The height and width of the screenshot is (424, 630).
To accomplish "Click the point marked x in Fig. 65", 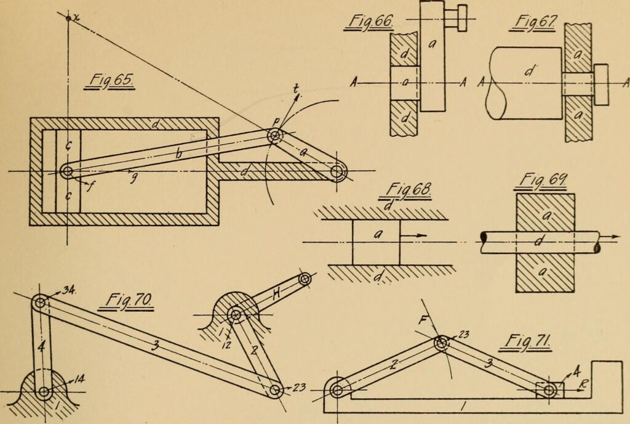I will [68, 17].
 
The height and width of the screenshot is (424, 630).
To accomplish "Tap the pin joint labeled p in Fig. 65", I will [274, 136].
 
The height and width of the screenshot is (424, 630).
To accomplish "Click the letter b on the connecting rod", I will [179, 154].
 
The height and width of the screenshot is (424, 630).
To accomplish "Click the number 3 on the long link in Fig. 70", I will [156, 346].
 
